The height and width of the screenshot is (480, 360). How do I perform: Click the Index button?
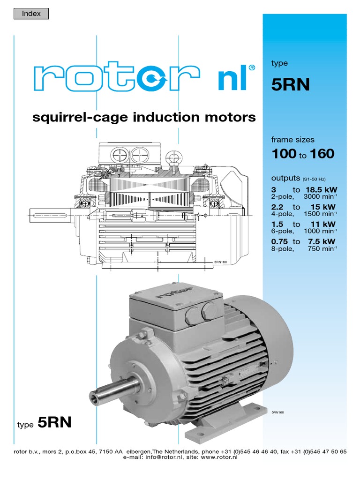[32, 14]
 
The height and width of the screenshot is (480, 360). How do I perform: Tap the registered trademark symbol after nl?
[252, 67]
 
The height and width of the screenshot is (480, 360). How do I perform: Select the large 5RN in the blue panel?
[291, 85]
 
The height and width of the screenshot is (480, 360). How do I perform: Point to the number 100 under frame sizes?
[284, 154]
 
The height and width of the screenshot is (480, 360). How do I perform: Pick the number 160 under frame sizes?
[322, 154]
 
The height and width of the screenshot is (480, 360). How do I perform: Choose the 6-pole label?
[283, 231]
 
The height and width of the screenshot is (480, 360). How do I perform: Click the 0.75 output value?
[280, 241]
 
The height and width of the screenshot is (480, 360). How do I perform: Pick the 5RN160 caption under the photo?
[278, 412]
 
